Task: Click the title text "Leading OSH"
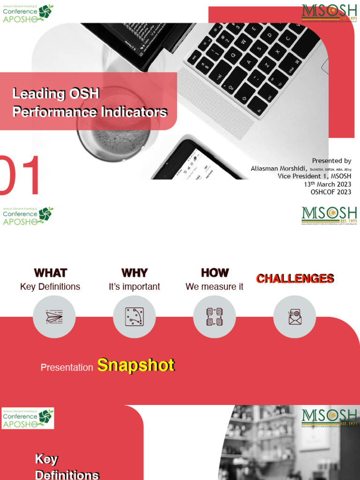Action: coord(56,94)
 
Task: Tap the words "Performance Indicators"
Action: coord(90,112)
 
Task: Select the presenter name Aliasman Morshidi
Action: coord(278,169)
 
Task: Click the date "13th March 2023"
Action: coord(327,184)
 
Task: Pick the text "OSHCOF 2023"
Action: coord(330,192)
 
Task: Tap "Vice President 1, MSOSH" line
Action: coord(314,176)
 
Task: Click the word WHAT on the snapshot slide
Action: coord(50,273)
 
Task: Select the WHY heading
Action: coord(135,273)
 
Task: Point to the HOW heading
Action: coord(215,273)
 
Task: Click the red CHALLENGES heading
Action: coord(295,278)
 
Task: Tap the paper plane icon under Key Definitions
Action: coord(54,317)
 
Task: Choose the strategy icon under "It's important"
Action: coord(134,317)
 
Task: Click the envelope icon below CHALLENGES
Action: coord(294,317)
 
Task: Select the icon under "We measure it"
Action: coord(214,317)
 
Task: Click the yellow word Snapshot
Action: coord(136,366)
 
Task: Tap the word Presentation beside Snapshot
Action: coord(67,368)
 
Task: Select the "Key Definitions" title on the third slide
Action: coord(67,467)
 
